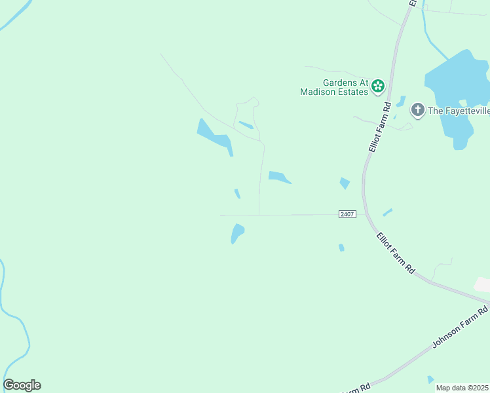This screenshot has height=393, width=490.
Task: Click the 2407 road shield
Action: click(x=347, y=214)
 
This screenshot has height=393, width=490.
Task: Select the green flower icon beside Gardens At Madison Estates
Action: click(x=378, y=86)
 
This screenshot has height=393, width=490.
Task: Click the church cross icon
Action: click(x=417, y=110)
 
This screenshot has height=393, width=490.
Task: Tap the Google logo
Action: click(x=22, y=385)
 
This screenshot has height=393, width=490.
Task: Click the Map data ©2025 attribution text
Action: click(x=462, y=388)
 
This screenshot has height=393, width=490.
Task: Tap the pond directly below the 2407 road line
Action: click(x=237, y=233)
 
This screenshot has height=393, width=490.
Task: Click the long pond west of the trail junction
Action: click(x=214, y=135)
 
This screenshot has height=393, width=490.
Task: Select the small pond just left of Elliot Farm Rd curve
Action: click(x=345, y=183)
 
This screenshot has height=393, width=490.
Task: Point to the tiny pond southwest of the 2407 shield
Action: click(x=341, y=248)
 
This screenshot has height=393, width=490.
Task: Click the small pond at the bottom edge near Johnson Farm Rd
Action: click(x=430, y=380)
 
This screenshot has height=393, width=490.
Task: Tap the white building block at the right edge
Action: click(x=482, y=284)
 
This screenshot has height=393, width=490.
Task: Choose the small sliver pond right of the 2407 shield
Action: click(x=387, y=212)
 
